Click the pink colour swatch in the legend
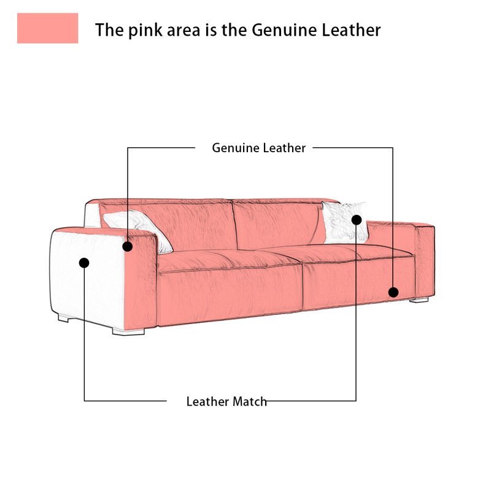tap(48, 28)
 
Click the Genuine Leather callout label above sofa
tap(258, 148)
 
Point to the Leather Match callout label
tap(226, 401)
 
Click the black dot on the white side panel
tap(84, 263)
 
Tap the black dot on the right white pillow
tap(357, 220)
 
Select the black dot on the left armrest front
tap(128, 247)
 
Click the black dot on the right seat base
tap(393, 292)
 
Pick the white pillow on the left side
tap(137, 228)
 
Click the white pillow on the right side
tap(344, 222)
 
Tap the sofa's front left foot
tap(128, 331)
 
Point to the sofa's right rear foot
tap(419, 300)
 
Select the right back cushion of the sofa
tap(279, 222)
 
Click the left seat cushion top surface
tap(228, 260)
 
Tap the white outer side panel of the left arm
tap(88, 276)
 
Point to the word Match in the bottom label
tap(250, 401)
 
